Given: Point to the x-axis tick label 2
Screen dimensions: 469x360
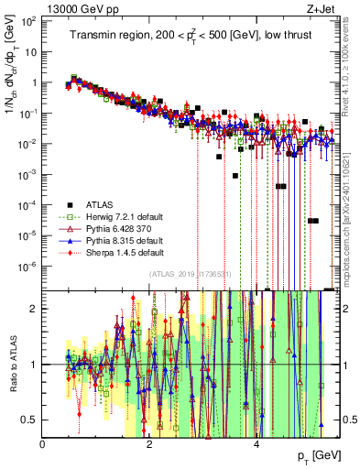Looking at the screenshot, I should [150, 444].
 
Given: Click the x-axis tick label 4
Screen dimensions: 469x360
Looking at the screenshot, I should [256, 444].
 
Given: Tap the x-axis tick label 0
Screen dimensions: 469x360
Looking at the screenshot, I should [43, 444].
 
